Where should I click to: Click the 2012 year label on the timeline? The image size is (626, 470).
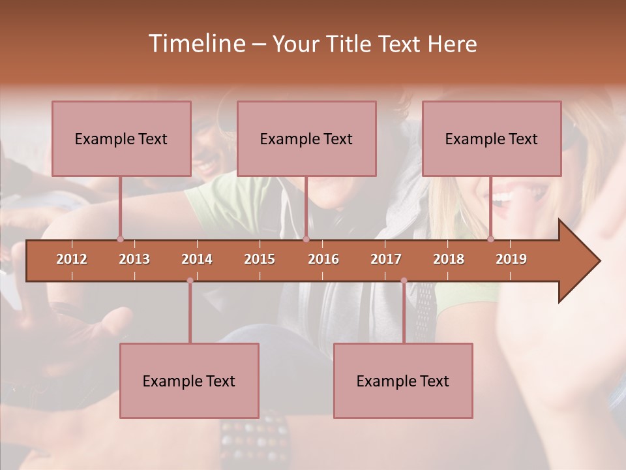click(72, 259)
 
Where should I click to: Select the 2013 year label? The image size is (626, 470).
click(134, 259)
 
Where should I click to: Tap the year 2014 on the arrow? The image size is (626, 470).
click(197, 259)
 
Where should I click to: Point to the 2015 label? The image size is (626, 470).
click(260, 259)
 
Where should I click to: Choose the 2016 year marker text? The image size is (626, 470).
click(323, 259)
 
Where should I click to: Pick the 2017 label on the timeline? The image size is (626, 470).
click(386, 259)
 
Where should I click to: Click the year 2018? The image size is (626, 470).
click(449, 259)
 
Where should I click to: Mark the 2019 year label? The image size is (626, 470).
click(511, 259)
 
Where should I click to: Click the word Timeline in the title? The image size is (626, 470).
click(196, 44)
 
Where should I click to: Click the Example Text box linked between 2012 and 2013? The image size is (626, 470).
click(121, 138)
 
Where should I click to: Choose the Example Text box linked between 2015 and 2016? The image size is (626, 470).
click(306, 138)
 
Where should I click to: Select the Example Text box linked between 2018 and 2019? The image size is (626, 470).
click(492, 138)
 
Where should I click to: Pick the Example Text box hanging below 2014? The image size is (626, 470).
click(189, 381)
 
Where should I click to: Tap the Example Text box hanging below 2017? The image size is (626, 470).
click(403, 381)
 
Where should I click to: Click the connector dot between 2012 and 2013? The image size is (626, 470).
click(120, 239)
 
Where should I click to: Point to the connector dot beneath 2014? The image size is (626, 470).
click(190, 281)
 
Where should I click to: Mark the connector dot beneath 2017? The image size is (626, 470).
click(404, 281)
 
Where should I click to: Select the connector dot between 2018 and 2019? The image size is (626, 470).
click(490, 239)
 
